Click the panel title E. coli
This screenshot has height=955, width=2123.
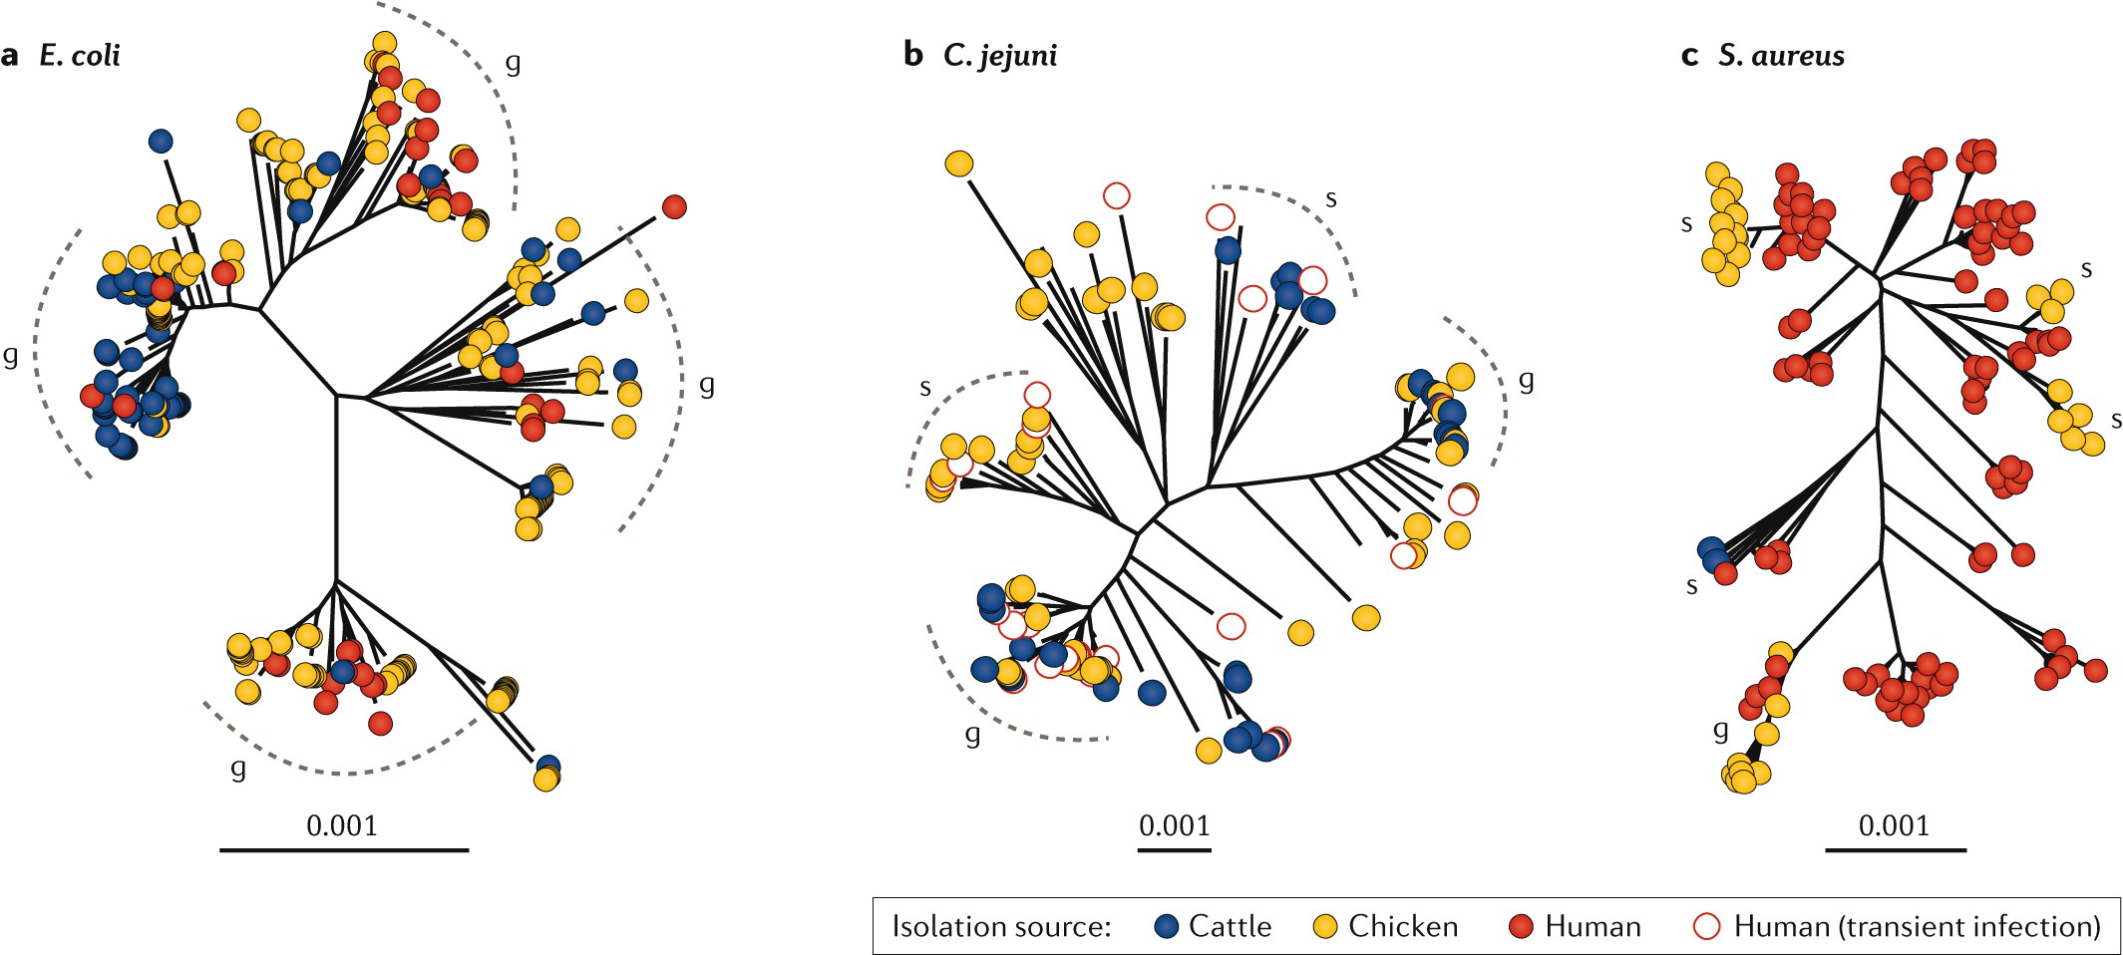(80, 55)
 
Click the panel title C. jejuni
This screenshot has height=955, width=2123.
(999, 55)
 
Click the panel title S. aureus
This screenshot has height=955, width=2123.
(1781, 55)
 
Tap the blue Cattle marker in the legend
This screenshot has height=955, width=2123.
(1167, 926)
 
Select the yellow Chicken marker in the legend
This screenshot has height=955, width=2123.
(1325, 926)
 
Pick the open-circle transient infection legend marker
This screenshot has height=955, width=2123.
(1707, 926)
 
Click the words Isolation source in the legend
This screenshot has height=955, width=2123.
(1000, 926)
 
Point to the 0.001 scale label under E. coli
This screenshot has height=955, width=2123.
(341, 825)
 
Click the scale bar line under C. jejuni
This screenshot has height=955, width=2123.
(1175, 850)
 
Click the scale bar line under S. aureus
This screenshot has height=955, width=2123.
(1896, 850)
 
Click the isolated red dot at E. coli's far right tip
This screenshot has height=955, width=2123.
(674, 207)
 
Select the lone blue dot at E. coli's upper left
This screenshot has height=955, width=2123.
(161, 142)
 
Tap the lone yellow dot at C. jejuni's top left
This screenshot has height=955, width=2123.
(958, 163)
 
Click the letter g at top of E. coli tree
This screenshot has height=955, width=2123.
(513, 63)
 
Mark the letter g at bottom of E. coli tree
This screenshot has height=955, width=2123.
(238, 768)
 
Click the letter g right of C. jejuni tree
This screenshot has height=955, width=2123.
(1526, 380)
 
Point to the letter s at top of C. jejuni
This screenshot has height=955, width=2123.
(1330, 198)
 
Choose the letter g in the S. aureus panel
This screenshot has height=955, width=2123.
(1720, 731)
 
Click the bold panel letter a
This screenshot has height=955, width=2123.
(10, 55)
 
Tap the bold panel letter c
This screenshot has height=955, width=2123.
(1689, 55)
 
